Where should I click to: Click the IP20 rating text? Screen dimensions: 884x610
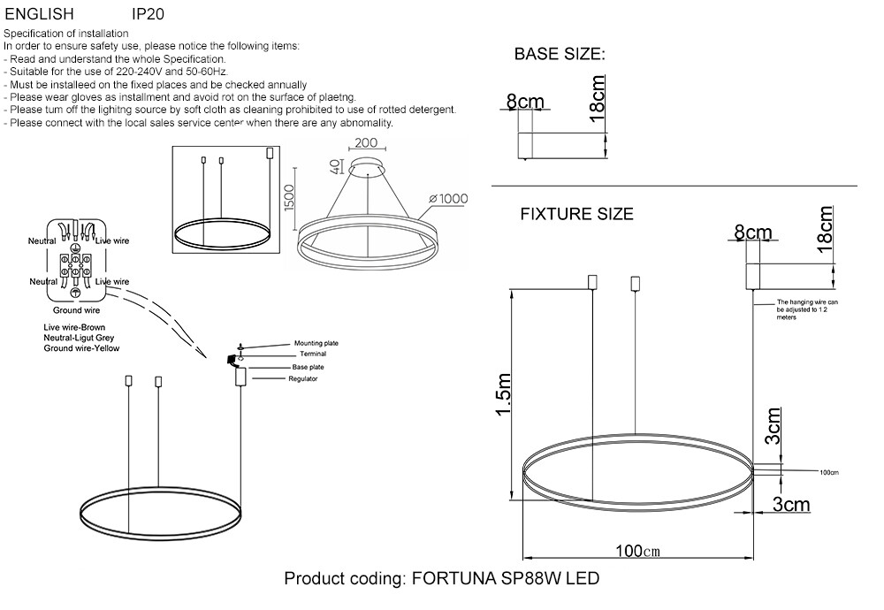coord(148,14)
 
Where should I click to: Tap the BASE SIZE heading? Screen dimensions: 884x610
coord(560,54)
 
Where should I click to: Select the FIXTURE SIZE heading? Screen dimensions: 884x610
coord(576,214)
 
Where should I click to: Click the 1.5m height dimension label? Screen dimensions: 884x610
coord(504,394)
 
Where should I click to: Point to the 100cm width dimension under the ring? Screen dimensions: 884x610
coord(637,550)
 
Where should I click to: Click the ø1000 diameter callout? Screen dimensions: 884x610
coord(448,198)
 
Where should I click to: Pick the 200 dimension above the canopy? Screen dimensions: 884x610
coord(367,142)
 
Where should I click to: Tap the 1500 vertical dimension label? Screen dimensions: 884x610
coord(289,197)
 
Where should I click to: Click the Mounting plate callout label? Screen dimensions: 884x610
coord(316,343)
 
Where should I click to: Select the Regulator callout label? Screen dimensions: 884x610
coord(303,379)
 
